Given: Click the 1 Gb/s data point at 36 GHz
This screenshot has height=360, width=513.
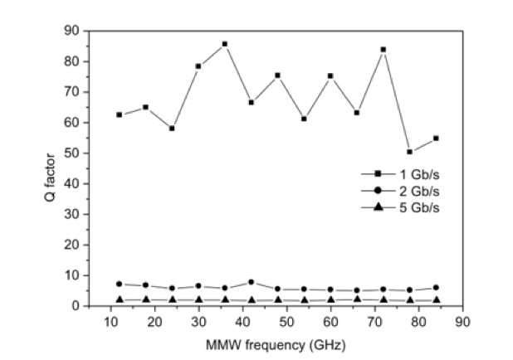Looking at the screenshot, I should click(224, 44).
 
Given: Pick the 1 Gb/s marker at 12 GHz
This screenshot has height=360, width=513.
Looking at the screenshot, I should click(120, 114).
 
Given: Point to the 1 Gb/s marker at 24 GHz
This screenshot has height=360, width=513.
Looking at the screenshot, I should click(172, 129).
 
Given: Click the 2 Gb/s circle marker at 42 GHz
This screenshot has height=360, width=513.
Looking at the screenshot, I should click(251, 282).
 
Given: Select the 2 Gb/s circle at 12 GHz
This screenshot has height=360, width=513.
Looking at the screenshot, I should click(120, 284).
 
